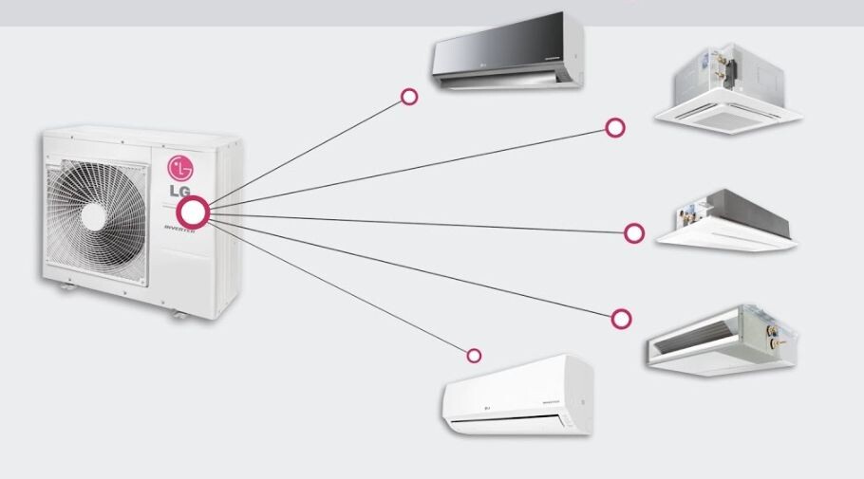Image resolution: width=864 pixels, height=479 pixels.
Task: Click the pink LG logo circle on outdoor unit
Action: pyautogui.click(x=180, y=168)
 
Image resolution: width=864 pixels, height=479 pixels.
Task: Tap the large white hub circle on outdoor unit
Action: pyautogui.click(x=193, y=212)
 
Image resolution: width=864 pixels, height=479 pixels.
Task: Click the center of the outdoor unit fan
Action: pyautogui.click(x=93, y=216)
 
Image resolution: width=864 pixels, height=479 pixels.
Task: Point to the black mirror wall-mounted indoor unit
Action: pyautogui.click(x=508, y=51)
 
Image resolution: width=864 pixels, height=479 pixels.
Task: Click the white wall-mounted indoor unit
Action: pyautogui.click(x=517, y=396)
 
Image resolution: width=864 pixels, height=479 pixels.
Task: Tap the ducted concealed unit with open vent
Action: pyautogui.click(x=722, y=336)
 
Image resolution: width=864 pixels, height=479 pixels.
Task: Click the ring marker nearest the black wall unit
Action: pyautogui.click(x=409, y=97)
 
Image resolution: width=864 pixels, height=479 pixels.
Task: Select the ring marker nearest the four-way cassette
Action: pyautogui.click(x=615, y=127)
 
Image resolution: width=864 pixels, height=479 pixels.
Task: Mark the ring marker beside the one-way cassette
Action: pyautogui.click(x=634, y=232)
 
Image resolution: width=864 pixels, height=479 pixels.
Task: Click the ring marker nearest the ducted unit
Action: pyautogui.click(x=621, y=318)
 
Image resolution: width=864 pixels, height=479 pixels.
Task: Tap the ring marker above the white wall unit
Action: pyautogui.click(x=474, y=356)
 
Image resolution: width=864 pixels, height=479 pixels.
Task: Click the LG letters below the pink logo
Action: pyautogui.click(x=179, y=191)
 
